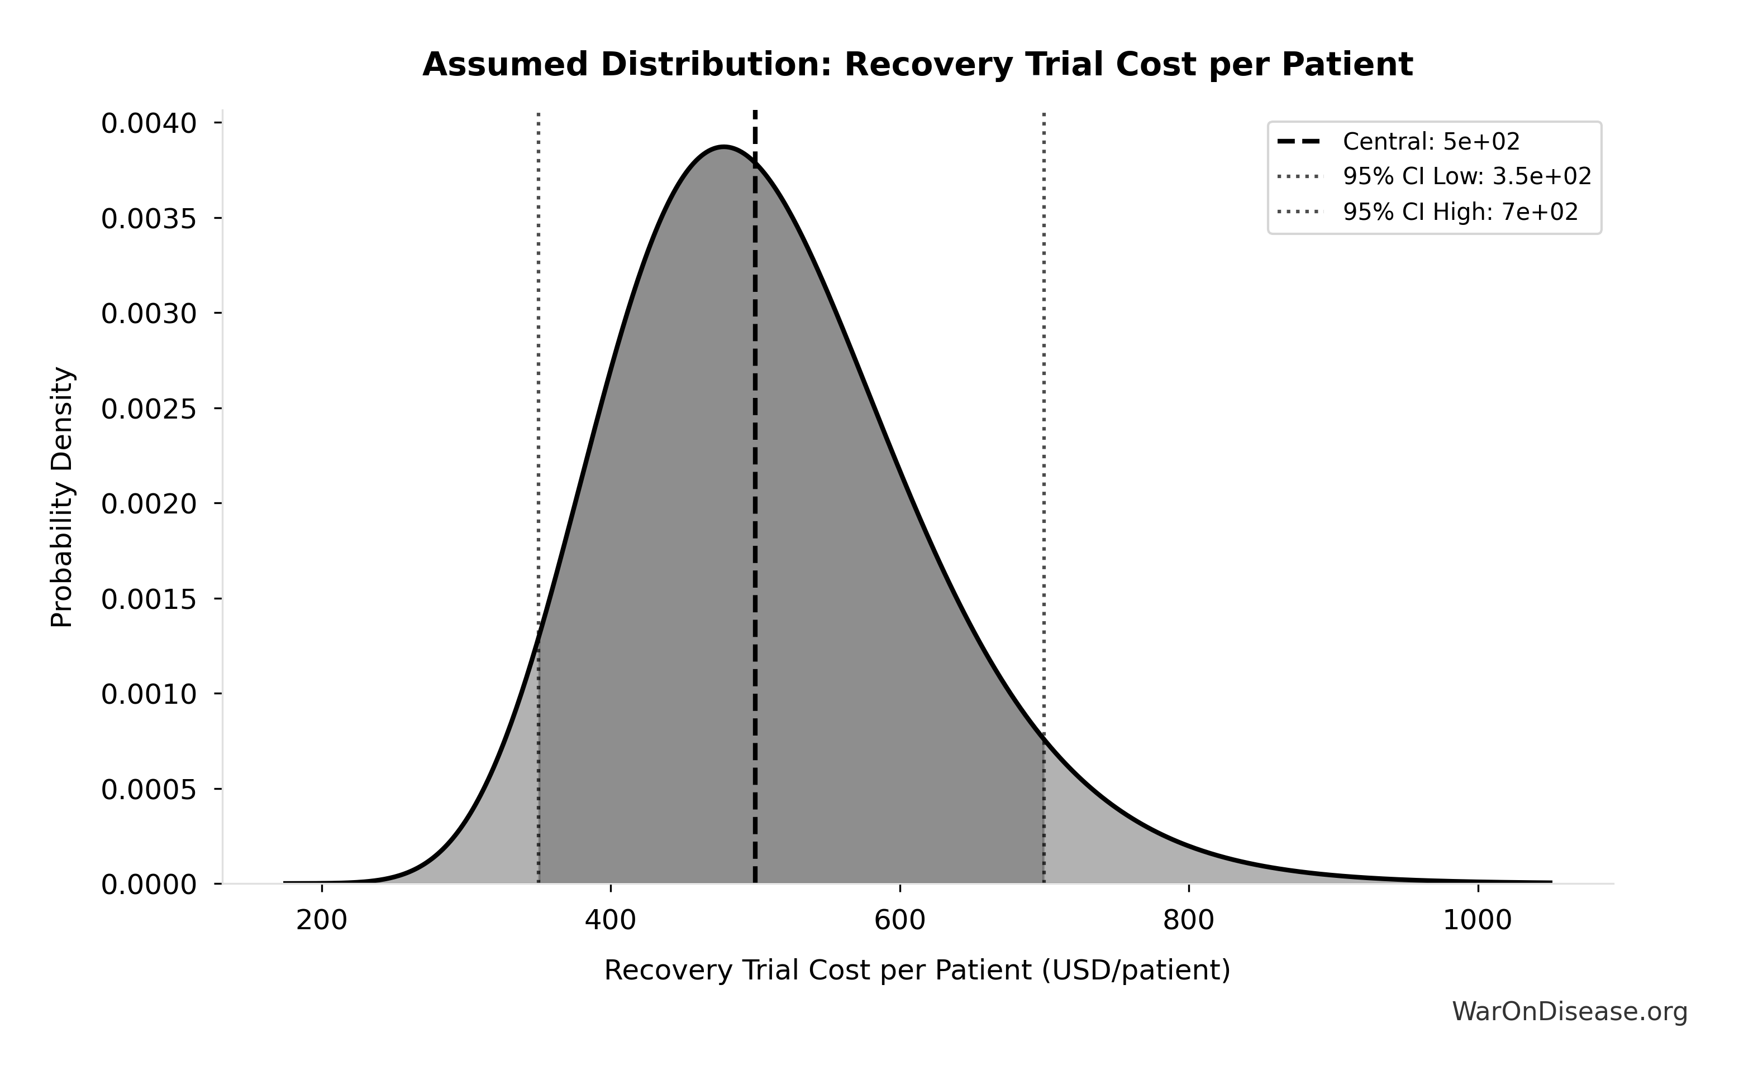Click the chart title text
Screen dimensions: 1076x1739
(917, 65)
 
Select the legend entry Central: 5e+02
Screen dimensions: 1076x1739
(1431, 142)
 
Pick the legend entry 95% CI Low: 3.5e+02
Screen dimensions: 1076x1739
(1466, 176)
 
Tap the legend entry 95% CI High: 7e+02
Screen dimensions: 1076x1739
(1460, 212)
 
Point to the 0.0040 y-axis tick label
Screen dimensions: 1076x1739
(149, 123)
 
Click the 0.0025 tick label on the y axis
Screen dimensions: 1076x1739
(149, 409)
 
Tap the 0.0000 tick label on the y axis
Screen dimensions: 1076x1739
(149, 885)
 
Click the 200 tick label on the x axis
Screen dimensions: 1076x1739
(322, 920)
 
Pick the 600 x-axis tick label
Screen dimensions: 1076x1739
(899, 920)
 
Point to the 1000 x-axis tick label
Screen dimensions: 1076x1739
(1477, 920)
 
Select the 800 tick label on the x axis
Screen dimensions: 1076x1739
(1189, 920)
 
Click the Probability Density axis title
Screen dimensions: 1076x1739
(62, 497)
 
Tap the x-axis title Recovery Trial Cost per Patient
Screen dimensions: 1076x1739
(917, 971)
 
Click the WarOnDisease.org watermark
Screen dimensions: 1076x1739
(1570, 1011)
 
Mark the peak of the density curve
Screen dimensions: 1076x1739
(723, 147)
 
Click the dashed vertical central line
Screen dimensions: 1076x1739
(755, 498)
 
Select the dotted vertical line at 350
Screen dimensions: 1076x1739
(539, 356)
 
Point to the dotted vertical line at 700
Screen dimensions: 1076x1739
(1044, 356)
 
